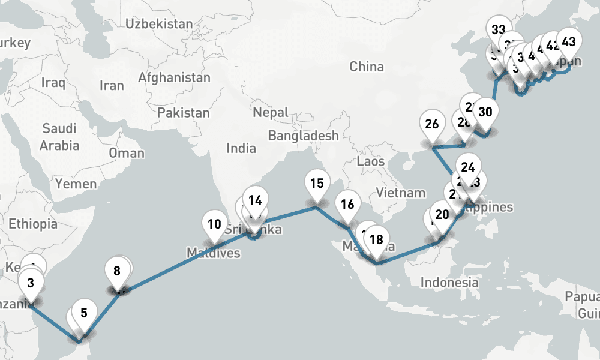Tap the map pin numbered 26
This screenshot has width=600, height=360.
[431, 125]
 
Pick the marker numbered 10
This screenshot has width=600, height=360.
[214, 226]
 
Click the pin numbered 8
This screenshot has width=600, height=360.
[116, 271]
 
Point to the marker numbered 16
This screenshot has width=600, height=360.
[347, 205]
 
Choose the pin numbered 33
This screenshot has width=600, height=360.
[498, 30]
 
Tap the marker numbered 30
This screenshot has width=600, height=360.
[486, 112]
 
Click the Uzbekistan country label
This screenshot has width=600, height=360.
[159, 24]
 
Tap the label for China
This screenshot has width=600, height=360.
[366, 66]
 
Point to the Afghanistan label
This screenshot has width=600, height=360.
[174, 77]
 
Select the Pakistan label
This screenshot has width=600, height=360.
[183, 112]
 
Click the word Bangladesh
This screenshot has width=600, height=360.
[303, 136]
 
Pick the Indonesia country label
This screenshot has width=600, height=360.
[449, 282]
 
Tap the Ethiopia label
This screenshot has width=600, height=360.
[33, 224]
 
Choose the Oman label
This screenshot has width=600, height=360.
[126, 153]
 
